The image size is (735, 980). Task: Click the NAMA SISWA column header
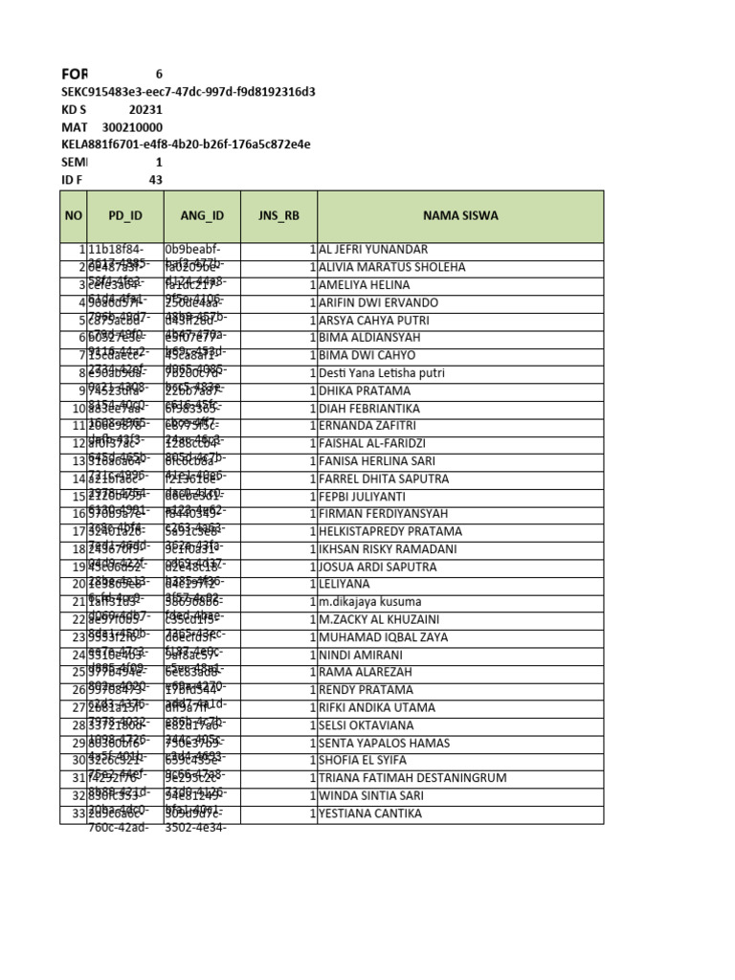[x=459, y=215]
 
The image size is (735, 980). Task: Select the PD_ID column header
[x=124, y=215]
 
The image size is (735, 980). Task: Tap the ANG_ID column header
[x=202, y=215]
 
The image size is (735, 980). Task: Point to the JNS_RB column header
[x=278, y=215]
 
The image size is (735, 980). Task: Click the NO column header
[x=74, y=215]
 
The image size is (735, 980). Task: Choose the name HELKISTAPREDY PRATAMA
[x=390, y=531]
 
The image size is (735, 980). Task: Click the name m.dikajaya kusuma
[x=370, y=602]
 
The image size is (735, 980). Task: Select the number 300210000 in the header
[x=132, y=127]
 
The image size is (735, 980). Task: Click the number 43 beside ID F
[x=155, y=180]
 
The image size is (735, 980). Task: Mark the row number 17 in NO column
[x=78, y=531]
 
